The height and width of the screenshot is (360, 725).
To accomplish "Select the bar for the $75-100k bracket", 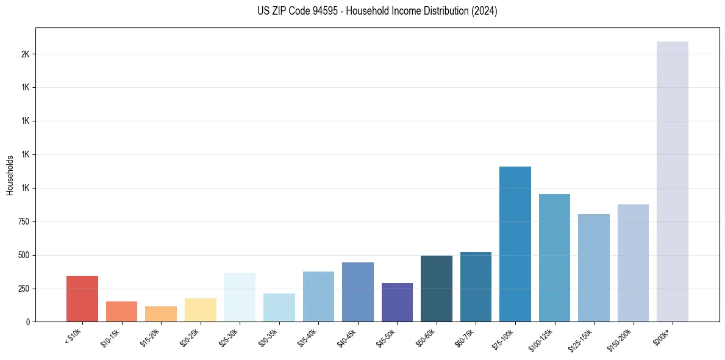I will pyautogui.click(x=515, y=244).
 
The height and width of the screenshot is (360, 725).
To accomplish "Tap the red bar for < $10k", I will pyautogui.click(x=82, y=298).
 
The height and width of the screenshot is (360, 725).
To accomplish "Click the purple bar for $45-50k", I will pyautogui.click(x=397, y=302).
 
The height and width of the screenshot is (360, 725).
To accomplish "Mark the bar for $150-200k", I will pyautogui.click(x=633, y=263).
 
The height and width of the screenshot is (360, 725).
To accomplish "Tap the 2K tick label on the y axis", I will pyautogui.click(x=25, y=54).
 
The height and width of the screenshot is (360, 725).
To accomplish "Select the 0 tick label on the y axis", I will pyautogui.click(x=27, y=322).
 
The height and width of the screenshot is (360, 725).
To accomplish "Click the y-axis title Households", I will pyautogui.click(x=10, y=175).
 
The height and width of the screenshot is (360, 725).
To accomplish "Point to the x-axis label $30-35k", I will pyautogui.click(x=269, y=337).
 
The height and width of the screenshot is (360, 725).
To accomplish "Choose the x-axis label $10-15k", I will pyautogui.click(x=112, y=337).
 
